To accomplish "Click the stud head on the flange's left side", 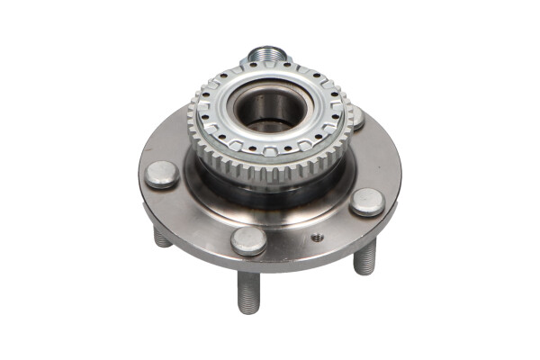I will coord(162,174).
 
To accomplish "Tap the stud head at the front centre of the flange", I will coord(248,239).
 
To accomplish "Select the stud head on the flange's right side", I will coord(367,202).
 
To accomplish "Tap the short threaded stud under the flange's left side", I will coord(162,238).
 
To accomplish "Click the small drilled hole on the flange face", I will coord(317,238).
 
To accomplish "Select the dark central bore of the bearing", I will coord(267,111).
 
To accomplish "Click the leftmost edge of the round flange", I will coord(140,176).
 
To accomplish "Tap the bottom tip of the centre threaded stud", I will coord(249,311).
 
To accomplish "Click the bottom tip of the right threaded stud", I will coord(365,272).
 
